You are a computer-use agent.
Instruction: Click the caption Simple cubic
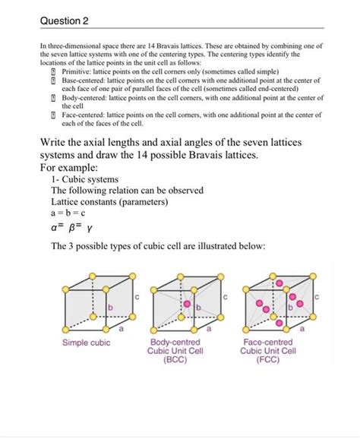click(x=87, y=343)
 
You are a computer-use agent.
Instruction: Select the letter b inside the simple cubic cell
click(x=109, y=306)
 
